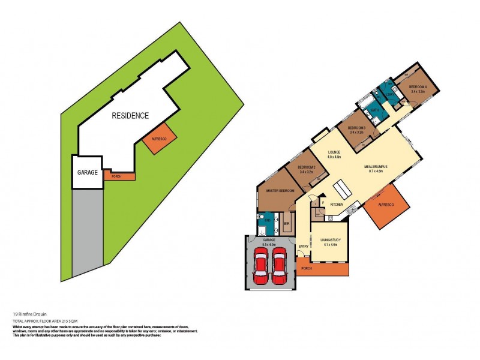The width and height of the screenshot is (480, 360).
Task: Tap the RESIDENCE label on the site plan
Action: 130,116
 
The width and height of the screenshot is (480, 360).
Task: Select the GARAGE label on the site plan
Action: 88,172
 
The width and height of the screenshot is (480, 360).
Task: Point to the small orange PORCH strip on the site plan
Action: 118,176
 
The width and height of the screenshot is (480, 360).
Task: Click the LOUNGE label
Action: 334,154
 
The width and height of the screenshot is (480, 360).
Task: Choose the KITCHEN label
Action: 337,205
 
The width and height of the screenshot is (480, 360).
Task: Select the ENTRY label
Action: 304,245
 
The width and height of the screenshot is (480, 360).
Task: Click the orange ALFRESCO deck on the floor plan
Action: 386,206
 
